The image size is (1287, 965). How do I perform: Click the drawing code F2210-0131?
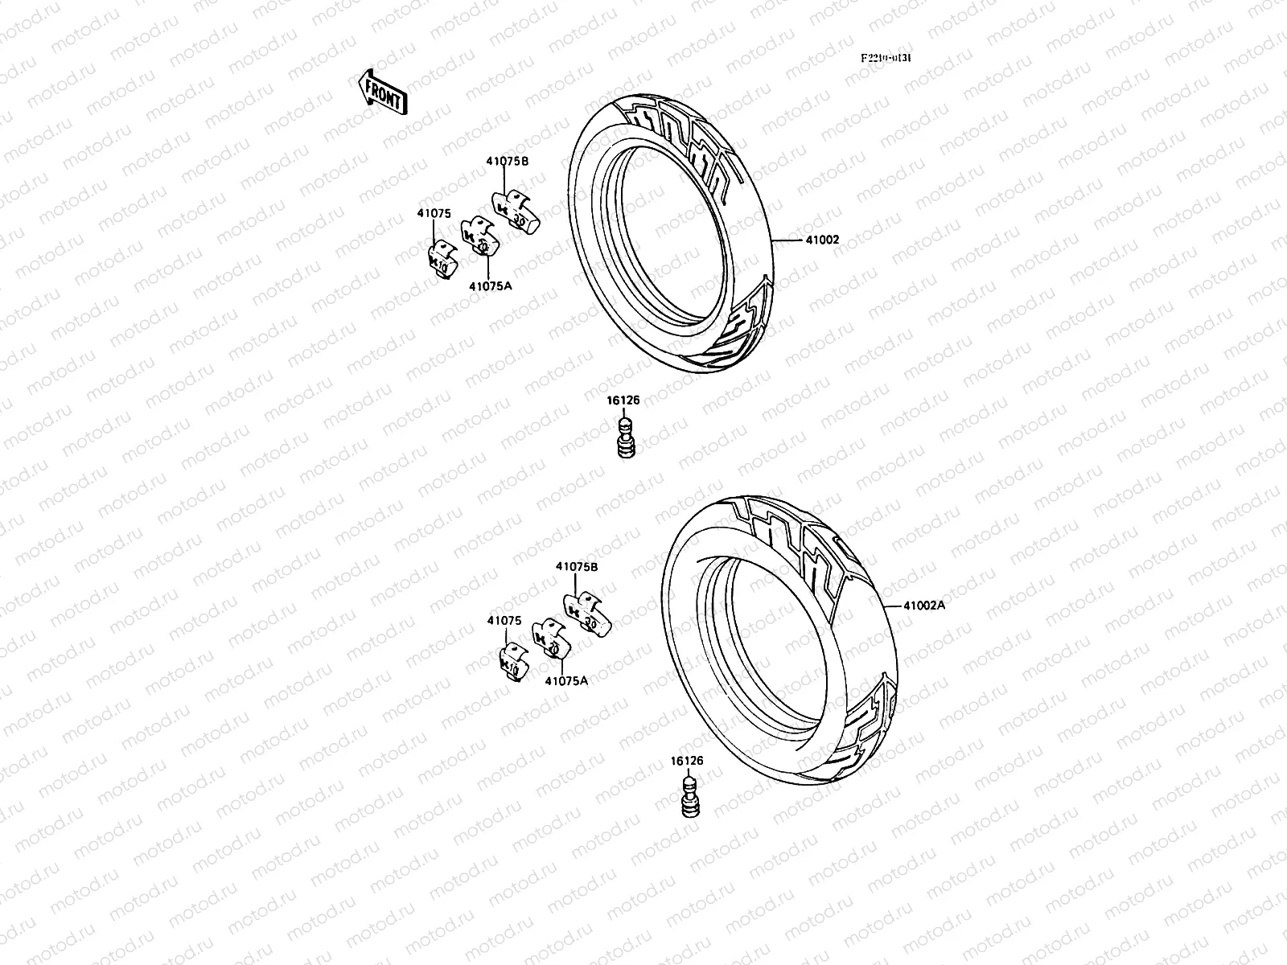click(x=890, y=58)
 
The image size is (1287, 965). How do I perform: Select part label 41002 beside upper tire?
click(x=821, y=240)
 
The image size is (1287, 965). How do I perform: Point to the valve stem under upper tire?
click(x=624, y=439)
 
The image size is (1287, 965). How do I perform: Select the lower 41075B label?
click(x=577, y=565)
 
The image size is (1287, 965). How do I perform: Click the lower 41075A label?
click(x=566, y=680)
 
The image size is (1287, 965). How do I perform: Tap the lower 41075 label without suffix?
click(x=504, y=621)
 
